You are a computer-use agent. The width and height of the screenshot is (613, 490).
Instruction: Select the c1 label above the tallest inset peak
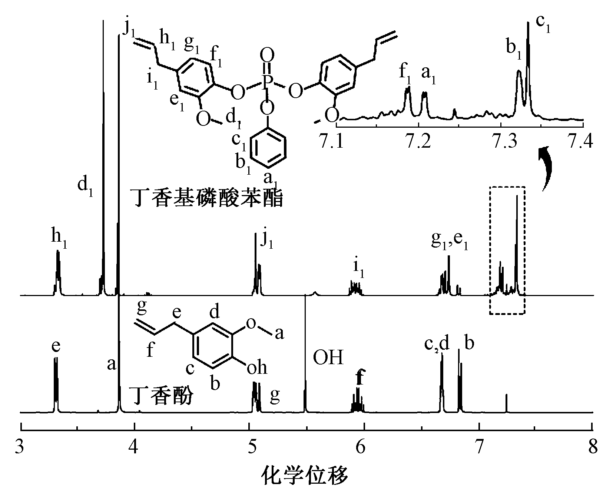(x=543, y=25)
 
